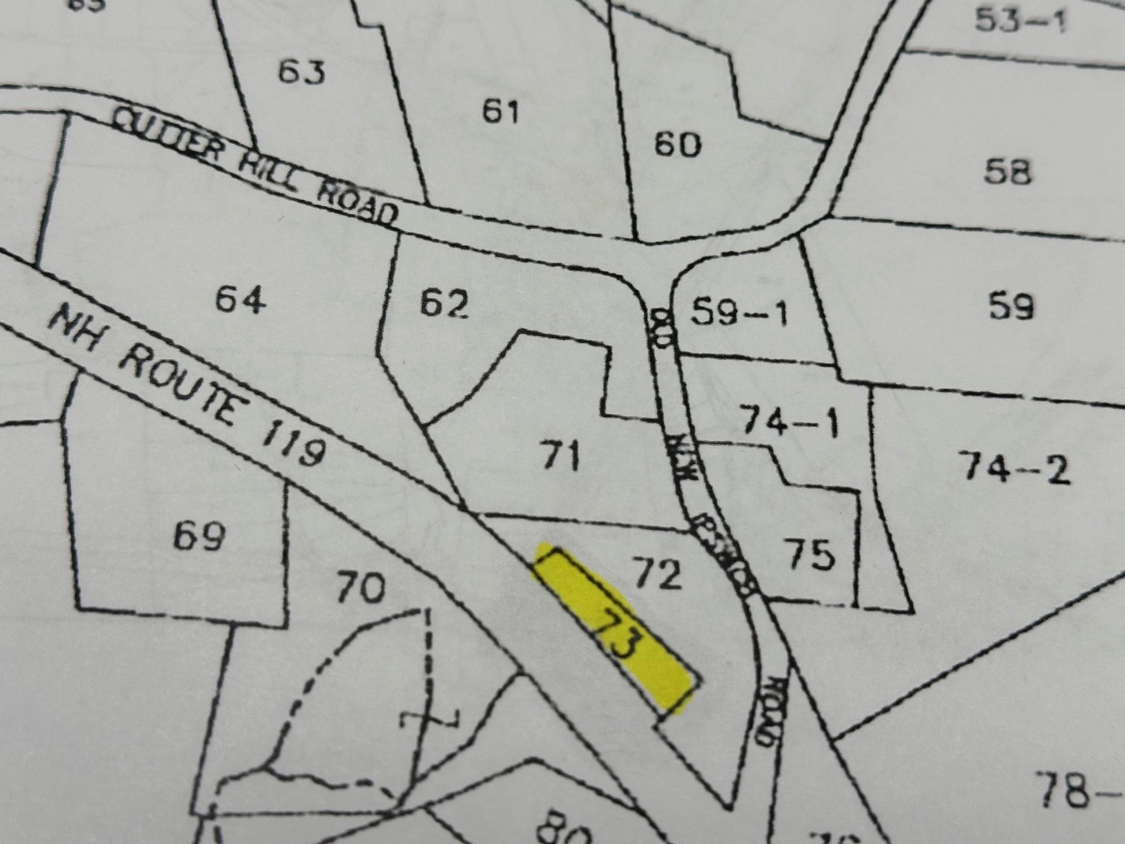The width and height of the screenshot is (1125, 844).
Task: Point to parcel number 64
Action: pos(241,300)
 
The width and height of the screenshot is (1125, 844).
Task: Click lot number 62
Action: pos(444,304)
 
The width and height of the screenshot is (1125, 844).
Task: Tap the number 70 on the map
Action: pos(360,588)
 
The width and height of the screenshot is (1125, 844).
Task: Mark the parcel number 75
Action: pos(810,554)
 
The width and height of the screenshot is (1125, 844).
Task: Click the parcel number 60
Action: pos(677,145)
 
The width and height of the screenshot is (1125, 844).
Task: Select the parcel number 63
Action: pos(302,73)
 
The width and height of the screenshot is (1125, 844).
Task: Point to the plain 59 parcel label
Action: pos(1011,306)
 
